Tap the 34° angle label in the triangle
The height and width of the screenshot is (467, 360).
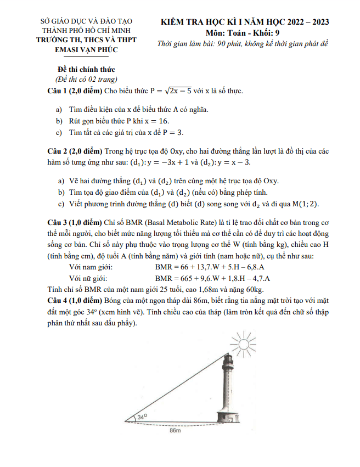coord(142,418)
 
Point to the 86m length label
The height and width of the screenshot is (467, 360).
coord(175,432)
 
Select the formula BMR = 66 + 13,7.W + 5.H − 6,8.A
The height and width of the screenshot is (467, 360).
coord(213,267)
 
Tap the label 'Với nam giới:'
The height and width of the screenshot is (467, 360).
coord(88,267)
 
